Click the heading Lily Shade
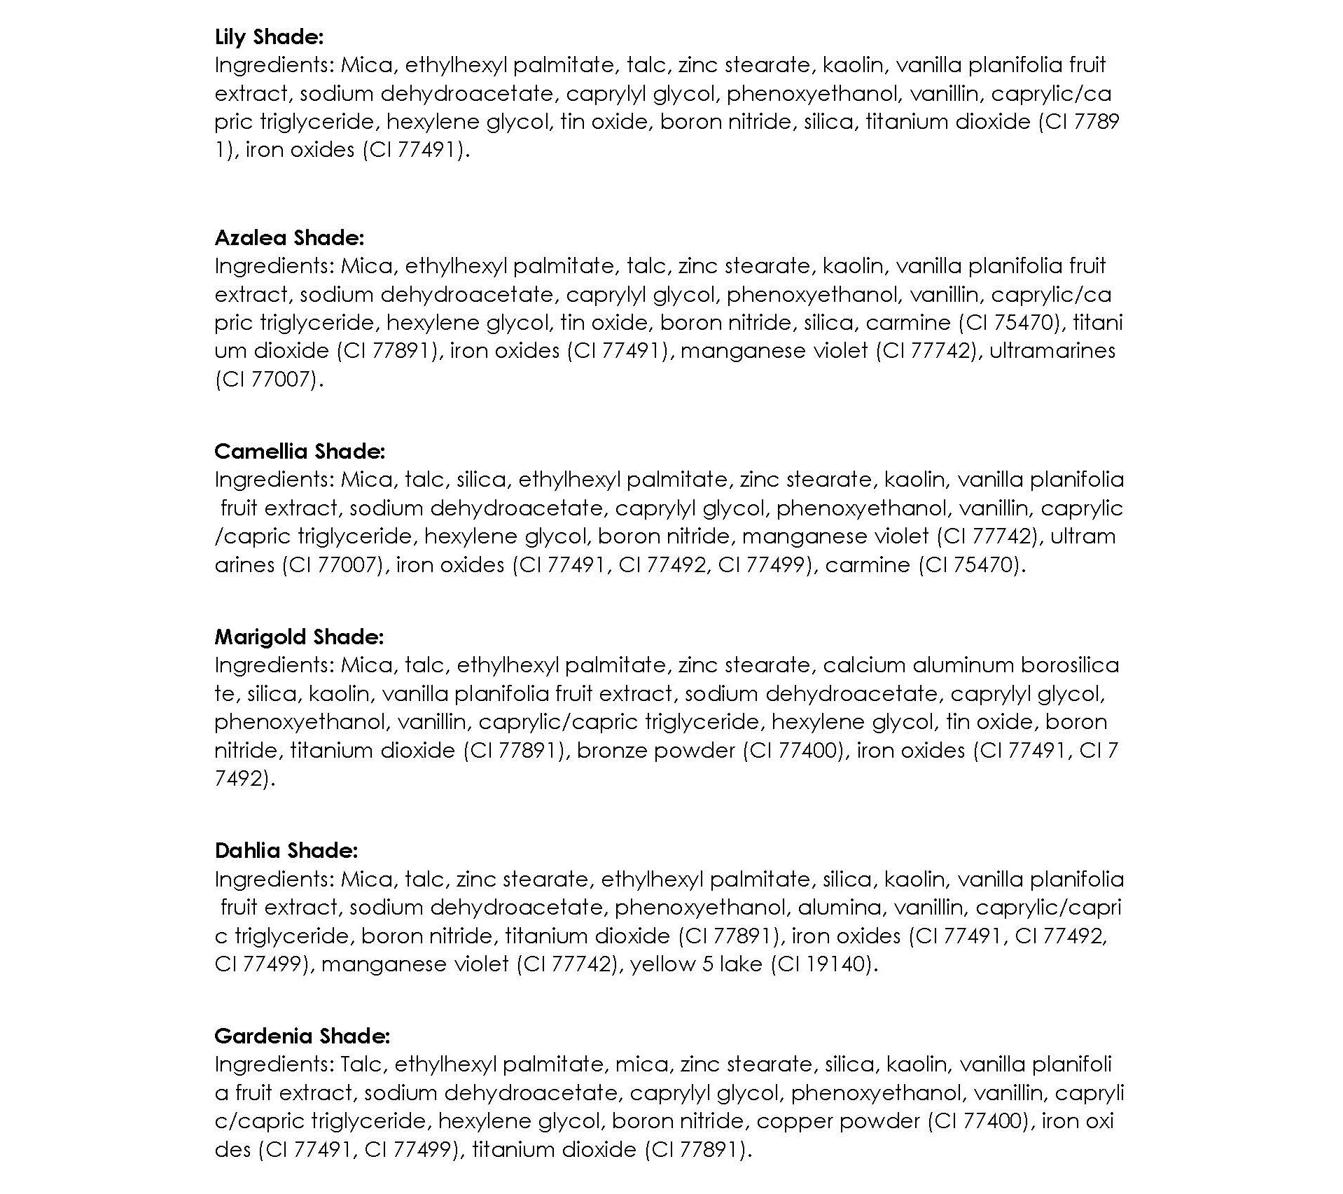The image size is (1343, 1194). [x=269, y=36]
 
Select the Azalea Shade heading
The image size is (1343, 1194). [x=289, y=237]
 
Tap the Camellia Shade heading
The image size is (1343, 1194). [x=300, y=451]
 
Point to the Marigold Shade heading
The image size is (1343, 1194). [x=299, y=637]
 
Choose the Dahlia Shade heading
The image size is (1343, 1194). [x=286, y=850]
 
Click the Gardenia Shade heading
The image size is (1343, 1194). [x=302, y=1036]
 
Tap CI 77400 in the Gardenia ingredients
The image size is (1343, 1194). [x=978, y=1121]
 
